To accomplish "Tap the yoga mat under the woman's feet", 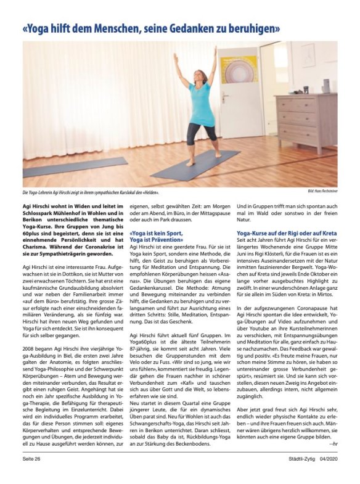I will click(197, 163).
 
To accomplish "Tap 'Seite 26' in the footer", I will click(31, 459).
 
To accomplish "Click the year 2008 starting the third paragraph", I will click(30, 349).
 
